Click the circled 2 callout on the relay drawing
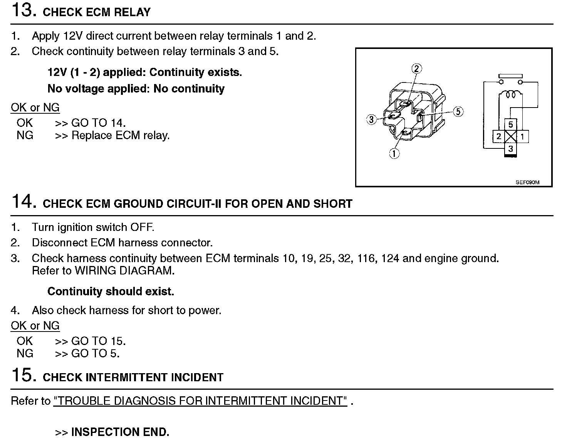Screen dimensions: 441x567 (x=416, y=69)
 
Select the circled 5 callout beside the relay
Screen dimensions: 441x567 (x=458, y=112)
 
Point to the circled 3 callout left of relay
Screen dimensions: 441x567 (x=371, y=120)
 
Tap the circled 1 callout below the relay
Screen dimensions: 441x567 (x=394, y=153)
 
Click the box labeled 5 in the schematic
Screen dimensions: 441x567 (x=510, y=125)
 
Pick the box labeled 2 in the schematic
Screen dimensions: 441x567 (x=499, y=136)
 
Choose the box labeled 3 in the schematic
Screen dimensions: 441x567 (x=510, y=149)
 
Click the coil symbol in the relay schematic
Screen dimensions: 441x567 (x=510, y=94)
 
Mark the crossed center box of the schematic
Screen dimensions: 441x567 (x=510, y=136)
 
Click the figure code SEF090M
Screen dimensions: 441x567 (x=527, y=183)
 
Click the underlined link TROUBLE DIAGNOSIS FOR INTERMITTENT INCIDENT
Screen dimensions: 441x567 (x=200, y=401)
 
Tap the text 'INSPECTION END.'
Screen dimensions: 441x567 (x=120, y=432)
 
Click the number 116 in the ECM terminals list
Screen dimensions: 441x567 (x=366, y=258)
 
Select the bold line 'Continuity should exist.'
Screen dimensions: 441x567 (x=111, y=291)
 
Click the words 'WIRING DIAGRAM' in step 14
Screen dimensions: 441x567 (x=124, y=271)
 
